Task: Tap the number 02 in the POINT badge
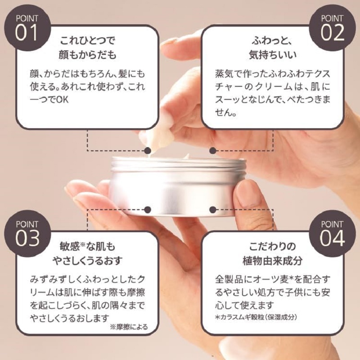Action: (x=333, y=32)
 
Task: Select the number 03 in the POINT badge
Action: (x=27, y=238)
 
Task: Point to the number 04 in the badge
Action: (x=333, y=238)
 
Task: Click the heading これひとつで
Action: (x=87, y=41)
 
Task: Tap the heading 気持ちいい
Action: (x=273, y=54)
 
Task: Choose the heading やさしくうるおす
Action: (x=87, y=261)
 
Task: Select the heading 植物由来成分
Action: (x=273, y=261)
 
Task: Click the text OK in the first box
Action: (x=62, y=100)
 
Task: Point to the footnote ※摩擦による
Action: (x=129, y=327)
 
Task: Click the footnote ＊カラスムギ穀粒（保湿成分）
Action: (x=256, y=317)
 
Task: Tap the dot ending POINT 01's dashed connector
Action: (x=148, y=151)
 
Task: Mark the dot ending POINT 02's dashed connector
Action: (x=213, y=151)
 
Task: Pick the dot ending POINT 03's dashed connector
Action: (x=148, y=210)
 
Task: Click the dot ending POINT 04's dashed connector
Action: (x=213, y=210)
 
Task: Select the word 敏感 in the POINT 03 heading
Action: (x=69, y=247)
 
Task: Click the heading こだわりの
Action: (x=273, y=247)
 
